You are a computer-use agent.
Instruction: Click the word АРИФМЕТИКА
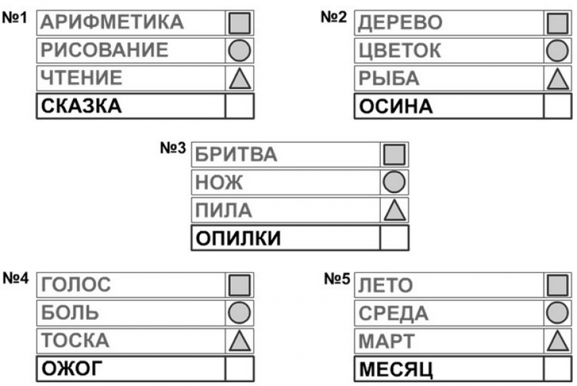click(x=112, y=22)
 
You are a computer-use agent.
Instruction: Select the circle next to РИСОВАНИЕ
click(x=239, y=51)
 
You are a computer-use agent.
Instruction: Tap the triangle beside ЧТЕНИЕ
click(x=240, y=79)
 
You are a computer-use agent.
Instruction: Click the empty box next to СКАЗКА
click(x=240, y=106)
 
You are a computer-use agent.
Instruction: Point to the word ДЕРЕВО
click(x=400, y=22)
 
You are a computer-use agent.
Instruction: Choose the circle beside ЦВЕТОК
click(x=558, y=51)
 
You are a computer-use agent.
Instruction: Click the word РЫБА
click(x=389, y=78)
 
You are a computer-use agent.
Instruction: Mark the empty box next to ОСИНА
click(x=558, y=106)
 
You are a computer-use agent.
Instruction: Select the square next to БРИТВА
click(x=394, y=154)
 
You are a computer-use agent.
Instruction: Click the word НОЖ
click(x=219, y=182)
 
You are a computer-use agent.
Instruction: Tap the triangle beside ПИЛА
click(x=395, y=210)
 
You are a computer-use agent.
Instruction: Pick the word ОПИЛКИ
click(x=238, y=238)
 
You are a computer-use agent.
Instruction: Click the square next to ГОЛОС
click(x=239, y=285)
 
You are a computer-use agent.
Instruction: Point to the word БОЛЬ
click(x=70, y=313)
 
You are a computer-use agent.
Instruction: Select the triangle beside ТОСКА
click(x=240, y=340)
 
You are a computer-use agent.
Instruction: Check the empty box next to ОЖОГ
click(x=240, y=368)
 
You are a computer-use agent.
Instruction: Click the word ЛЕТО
click(x=386, y=285)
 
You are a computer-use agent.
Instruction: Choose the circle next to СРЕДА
click(x=558, y=313)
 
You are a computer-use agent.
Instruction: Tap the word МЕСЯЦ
click(x=396, y=369)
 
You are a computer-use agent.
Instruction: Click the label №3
click(x=173, y=147)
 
